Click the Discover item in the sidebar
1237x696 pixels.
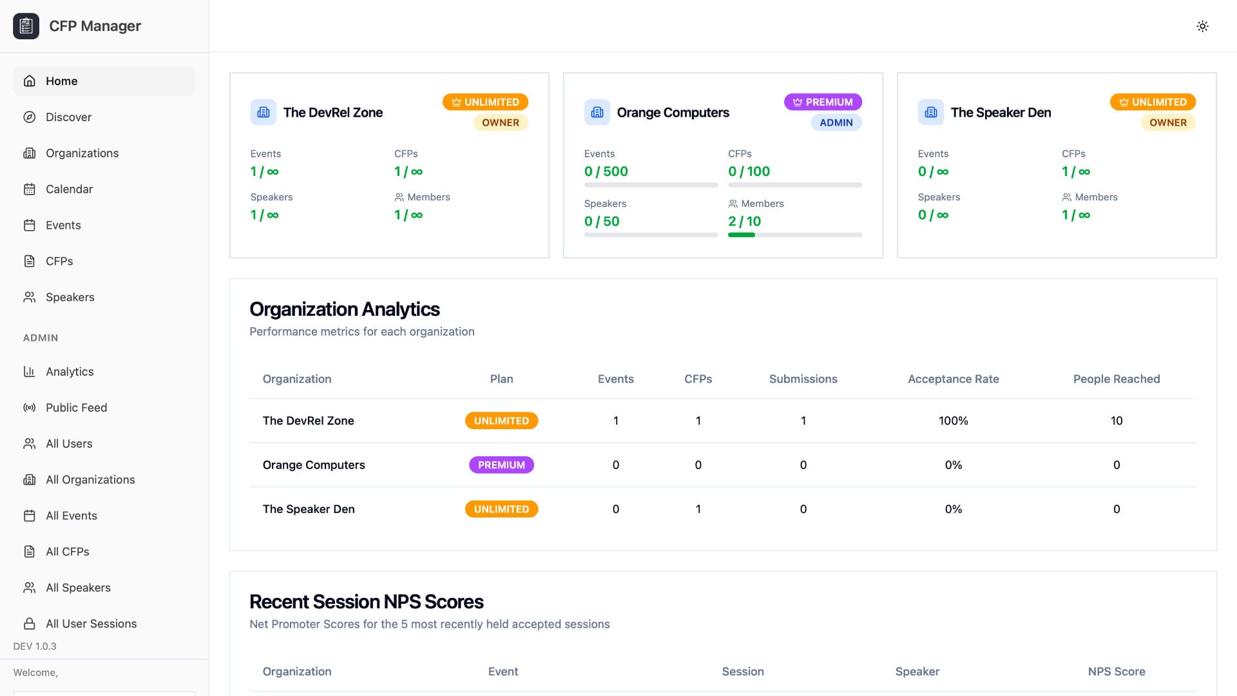68,117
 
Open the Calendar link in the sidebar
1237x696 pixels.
69,189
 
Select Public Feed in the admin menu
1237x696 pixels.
76,407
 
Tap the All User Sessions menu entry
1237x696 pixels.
91,623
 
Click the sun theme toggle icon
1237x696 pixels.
1202,26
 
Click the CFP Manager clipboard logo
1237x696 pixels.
26,26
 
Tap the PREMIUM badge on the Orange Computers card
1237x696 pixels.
823,102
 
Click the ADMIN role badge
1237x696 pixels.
836,122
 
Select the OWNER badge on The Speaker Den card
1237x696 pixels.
1167,122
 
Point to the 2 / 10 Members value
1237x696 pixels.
744,221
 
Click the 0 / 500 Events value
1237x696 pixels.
606,171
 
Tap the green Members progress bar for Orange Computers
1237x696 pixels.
742,235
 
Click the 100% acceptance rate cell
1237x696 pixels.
953,420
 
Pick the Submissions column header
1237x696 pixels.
803,379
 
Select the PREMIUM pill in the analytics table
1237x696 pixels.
501,465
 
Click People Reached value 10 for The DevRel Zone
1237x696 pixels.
1116,420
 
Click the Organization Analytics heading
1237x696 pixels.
344,309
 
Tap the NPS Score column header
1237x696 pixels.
1116,672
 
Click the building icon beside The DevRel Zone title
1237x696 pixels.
264,112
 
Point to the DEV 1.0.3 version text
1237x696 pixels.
35,646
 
